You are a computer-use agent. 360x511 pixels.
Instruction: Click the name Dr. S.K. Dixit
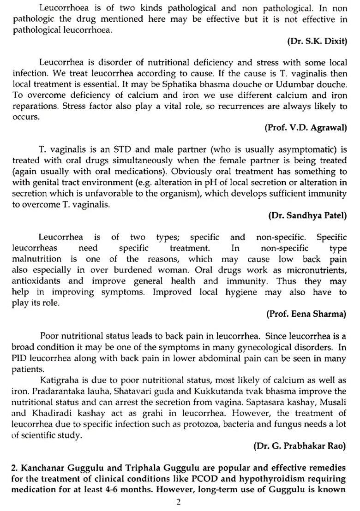coord(317,41)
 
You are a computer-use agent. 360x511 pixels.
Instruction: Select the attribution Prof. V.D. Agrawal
coord(305,127)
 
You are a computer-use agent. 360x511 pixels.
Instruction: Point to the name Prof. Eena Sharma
coord(306,314)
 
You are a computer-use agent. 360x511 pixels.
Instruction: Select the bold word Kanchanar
coord(42,467)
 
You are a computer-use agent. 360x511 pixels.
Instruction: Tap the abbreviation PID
coord(20,358)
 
